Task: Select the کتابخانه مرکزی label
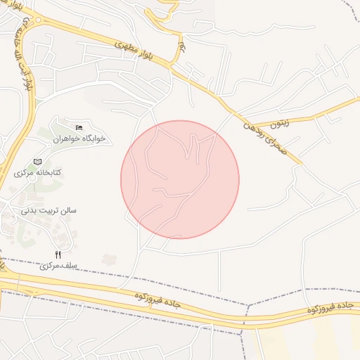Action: click(39, 173)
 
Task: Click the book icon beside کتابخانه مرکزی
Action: click(37, 162)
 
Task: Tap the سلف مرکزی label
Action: click(58, 266)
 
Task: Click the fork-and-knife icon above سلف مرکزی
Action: click(58, 255)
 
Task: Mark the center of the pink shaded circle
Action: click(180, 179)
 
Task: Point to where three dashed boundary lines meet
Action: click(247, 306)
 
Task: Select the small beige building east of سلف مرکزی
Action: click(109, 259)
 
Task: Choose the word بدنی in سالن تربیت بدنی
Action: click(29, 210)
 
